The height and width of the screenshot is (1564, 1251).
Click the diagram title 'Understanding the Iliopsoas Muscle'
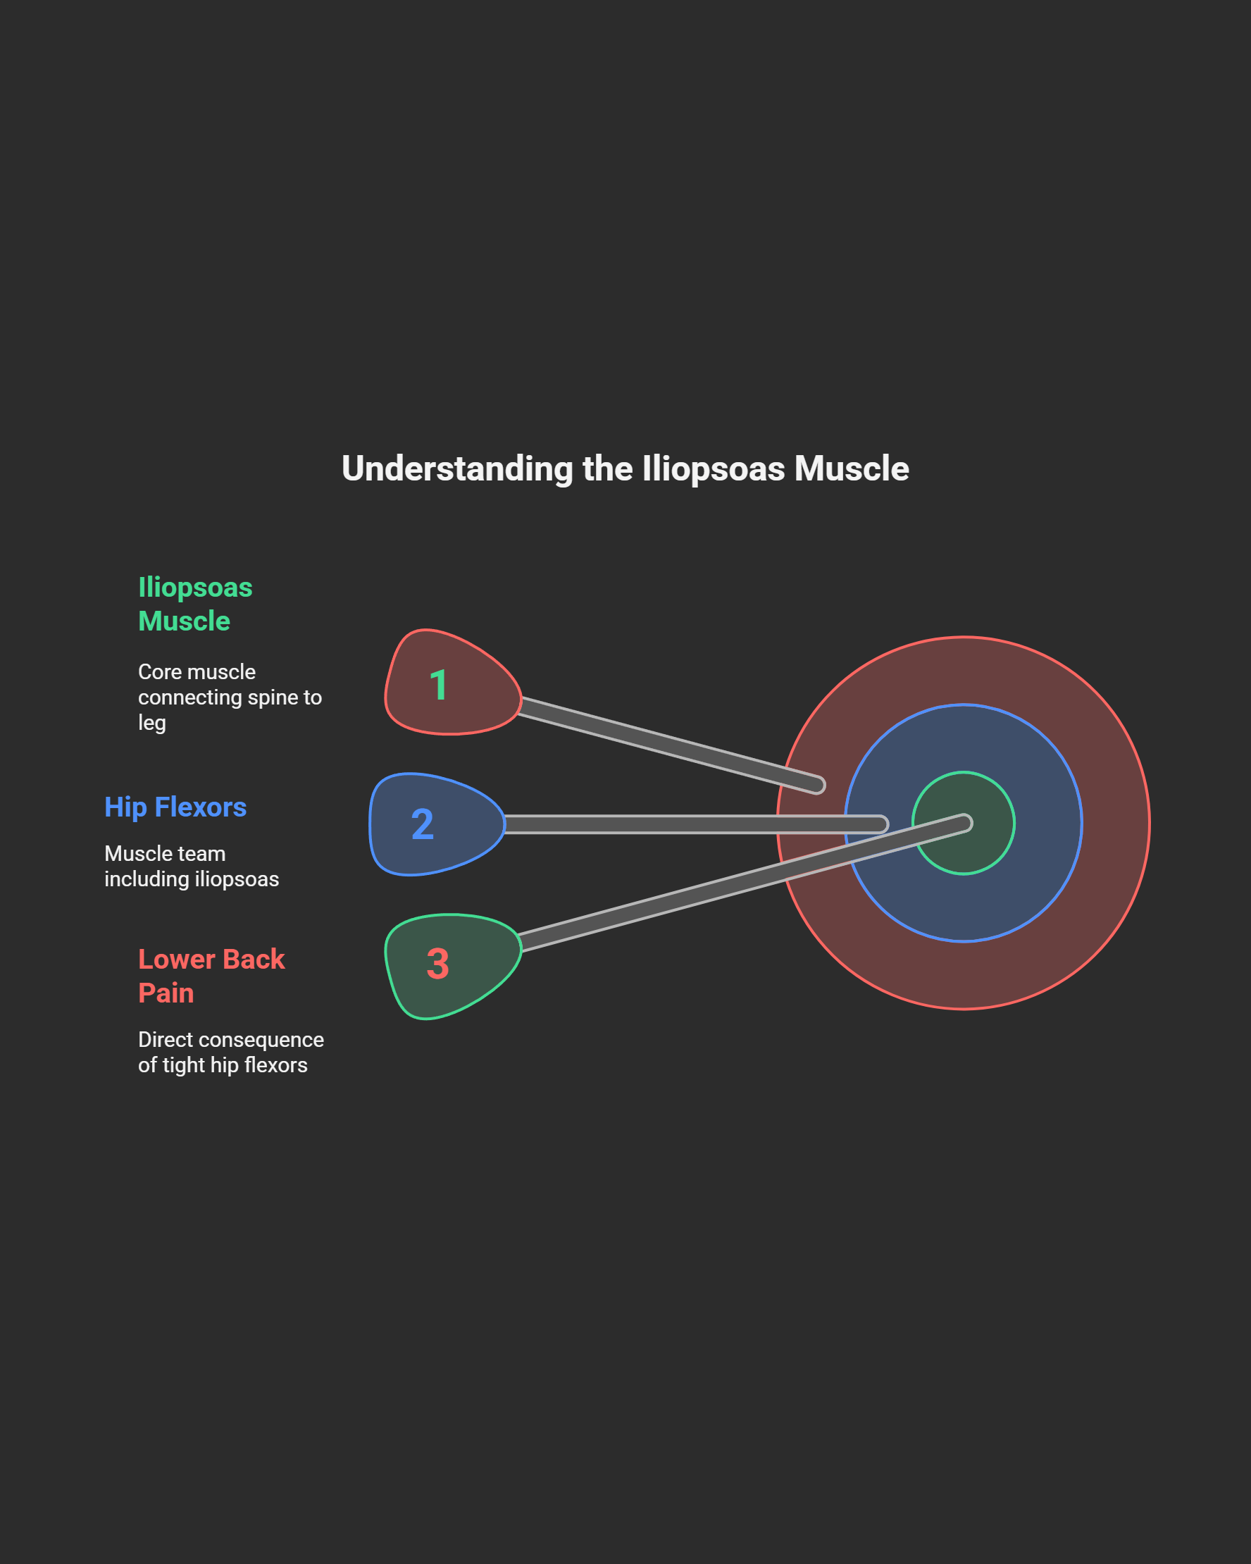[x=625, y=468]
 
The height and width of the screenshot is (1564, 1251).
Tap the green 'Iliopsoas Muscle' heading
[x=195, y=604]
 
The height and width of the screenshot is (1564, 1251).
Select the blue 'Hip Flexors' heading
[x=175, y=807]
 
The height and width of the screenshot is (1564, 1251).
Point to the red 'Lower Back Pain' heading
[x=211, y=976]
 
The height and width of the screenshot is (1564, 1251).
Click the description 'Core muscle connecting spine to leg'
[x=229, y=697]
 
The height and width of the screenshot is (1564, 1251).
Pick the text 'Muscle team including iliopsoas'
[x=192, y=866]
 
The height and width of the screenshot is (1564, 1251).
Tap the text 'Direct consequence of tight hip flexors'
[x=230, y=1052]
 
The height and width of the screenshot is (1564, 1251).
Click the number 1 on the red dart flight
[x=438, y=685]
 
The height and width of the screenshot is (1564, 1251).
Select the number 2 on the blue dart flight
[x=423, y=824]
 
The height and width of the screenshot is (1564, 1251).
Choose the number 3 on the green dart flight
[x=438, y=963]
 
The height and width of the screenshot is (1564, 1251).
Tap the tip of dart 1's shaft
[x=818, y=785]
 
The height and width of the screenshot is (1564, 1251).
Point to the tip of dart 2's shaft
[x=880, y=824]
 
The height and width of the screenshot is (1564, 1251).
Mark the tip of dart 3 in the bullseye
[x=964, y=823]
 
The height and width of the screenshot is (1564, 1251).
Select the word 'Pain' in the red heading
[x=166, y=993]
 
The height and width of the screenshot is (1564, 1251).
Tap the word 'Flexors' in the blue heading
[x=201, y=807]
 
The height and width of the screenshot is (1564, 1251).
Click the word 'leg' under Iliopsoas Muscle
[x=151, y=723]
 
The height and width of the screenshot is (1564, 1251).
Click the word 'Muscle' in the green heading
[x=185, y=621]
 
